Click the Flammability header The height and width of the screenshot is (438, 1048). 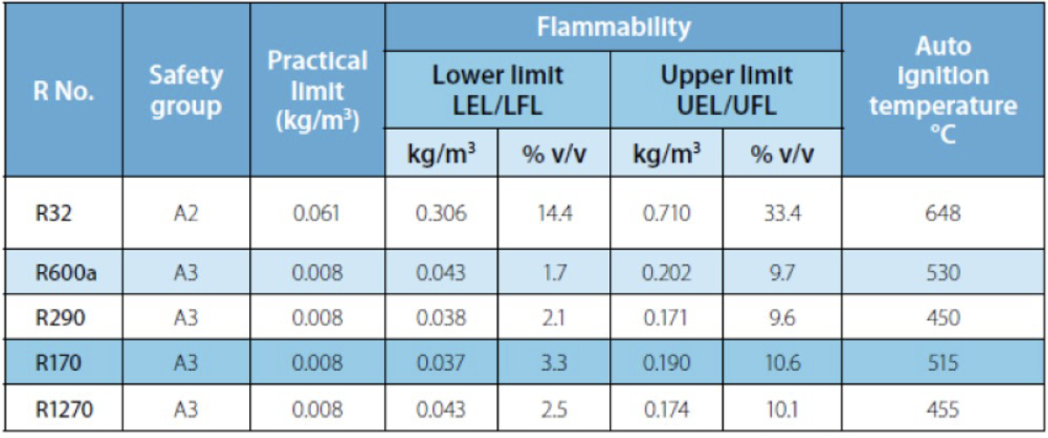[613, 27]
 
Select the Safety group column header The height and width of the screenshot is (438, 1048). [185, 91]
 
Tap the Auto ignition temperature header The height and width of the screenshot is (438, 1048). [943, 90]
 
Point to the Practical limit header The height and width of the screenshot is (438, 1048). [318, 90]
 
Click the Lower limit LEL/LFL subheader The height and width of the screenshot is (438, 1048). [497, 90]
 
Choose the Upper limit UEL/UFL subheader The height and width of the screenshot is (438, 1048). [726, 90]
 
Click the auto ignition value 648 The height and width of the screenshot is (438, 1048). [943, 213]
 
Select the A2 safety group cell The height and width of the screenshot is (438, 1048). [185, 213]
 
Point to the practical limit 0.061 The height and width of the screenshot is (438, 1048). [318, 213]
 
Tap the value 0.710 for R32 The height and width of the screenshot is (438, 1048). [667, 213]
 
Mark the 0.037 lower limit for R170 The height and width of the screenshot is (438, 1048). [441, 363]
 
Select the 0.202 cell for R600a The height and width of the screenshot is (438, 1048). [667, 272]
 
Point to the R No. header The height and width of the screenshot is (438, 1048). [63, 91]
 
